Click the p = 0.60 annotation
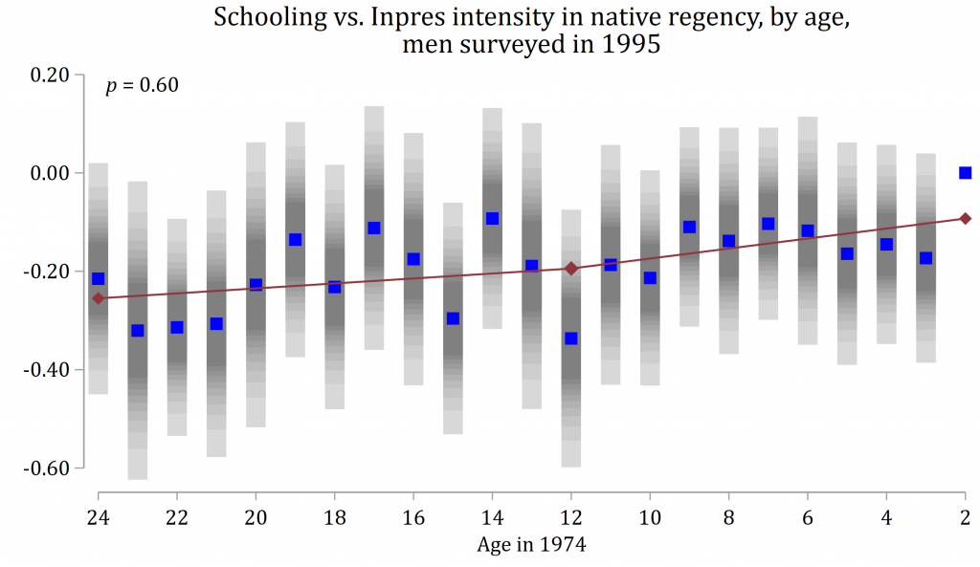point(142,86)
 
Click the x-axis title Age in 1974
point(531,546)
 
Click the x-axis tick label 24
point(98,517)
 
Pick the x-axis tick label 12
point(570,517)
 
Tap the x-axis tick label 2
point(965,517)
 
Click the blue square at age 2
point(965,173)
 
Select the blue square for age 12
point(571,338)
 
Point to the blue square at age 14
point(492,219)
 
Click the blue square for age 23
point(137,331)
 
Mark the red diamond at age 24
point(98,298)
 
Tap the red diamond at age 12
point(571,269)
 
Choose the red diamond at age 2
point(965,218)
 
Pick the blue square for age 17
point(374,229)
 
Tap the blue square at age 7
point(768,224)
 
